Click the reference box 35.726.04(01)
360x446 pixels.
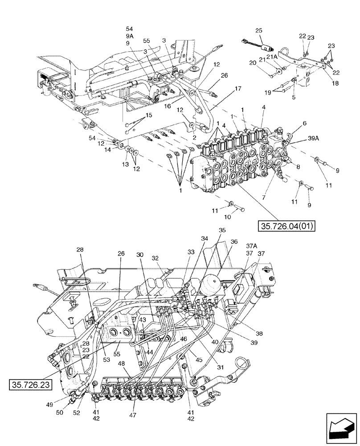pos(286,227)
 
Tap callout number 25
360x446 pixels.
pos(259,30)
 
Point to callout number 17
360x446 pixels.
pos(238,88)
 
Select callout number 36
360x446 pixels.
pos(234,242)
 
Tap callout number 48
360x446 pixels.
pos(121,363)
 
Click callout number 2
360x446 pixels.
pos(194,138)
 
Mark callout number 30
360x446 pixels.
pos(140,254)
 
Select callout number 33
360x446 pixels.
pos(191,252)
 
